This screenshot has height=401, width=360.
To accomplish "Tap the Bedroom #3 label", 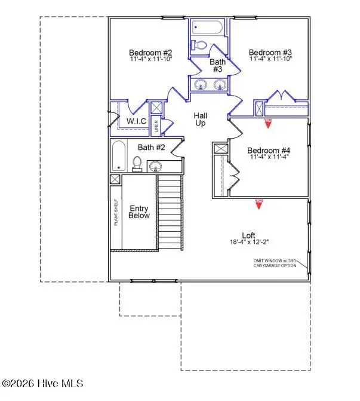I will coord(269,51).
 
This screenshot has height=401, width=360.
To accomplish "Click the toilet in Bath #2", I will coord(137,163).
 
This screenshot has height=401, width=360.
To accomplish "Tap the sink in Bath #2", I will coord(156,165).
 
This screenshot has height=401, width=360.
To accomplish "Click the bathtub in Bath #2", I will coord(118,155).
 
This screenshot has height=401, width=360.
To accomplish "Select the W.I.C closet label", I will coord(136,121).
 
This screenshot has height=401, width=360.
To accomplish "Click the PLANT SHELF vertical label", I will coord(116,212).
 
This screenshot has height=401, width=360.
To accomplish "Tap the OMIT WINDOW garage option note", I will coord(282,264).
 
